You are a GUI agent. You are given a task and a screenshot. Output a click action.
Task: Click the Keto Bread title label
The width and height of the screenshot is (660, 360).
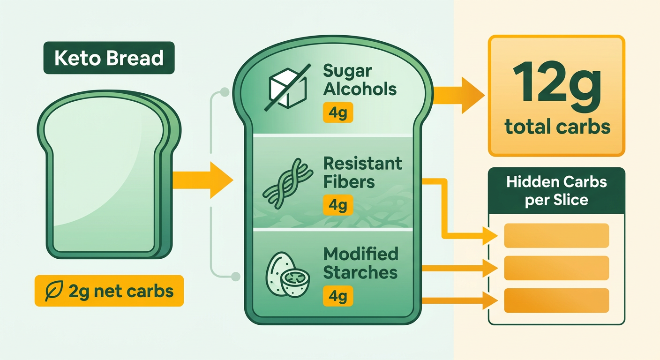[109, 58]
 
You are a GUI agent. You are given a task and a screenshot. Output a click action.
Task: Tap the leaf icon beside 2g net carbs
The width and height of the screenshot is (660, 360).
[54, 291]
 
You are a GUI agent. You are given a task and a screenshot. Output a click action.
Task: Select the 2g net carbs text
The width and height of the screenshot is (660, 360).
[121, 292]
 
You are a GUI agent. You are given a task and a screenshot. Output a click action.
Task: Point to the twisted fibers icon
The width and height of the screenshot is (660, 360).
[287, 183]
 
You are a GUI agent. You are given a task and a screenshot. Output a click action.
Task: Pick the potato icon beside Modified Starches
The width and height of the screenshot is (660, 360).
[287, 275]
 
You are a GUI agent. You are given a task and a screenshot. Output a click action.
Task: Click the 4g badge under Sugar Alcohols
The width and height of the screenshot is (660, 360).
[338, 112]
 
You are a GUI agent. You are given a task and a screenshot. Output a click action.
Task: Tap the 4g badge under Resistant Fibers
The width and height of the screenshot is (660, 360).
[338, 205]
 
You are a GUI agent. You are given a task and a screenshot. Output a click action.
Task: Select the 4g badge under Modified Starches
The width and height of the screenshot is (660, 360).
[338, 296]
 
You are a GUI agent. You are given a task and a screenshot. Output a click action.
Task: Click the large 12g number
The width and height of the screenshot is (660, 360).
[556, 87]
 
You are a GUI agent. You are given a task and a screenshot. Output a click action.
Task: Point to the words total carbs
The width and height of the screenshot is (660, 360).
[557, 127]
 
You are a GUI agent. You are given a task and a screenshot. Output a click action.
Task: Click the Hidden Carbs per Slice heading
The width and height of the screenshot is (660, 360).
[556, 191]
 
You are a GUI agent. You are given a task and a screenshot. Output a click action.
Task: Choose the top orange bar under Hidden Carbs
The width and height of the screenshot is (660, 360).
[556, 235]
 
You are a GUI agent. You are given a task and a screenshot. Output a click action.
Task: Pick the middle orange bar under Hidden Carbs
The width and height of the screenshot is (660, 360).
[556, 268]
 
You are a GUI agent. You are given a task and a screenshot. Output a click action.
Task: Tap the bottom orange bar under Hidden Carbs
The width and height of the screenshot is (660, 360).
[556, 300]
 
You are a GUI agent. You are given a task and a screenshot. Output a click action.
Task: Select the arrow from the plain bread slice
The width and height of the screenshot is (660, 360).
[202, 180]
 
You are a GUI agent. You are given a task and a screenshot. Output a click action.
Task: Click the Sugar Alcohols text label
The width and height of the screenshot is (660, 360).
[360, 80]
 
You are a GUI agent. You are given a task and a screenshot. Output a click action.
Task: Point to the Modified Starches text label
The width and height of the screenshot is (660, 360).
[360, 263]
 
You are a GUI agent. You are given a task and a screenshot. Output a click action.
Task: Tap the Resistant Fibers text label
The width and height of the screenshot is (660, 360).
[362, 172]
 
